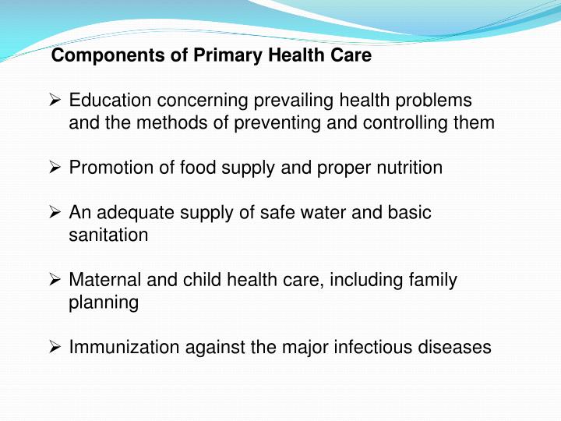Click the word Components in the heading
(95, 56)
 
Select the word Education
(110, 101)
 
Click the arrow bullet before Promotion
(55, 168)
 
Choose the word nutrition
(408, 168)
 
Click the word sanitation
(108, 235)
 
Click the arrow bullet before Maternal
(55, 280)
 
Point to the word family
(432, 280)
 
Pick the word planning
(104, 302)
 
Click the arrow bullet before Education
(55, 101)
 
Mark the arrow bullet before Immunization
(55, 347)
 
